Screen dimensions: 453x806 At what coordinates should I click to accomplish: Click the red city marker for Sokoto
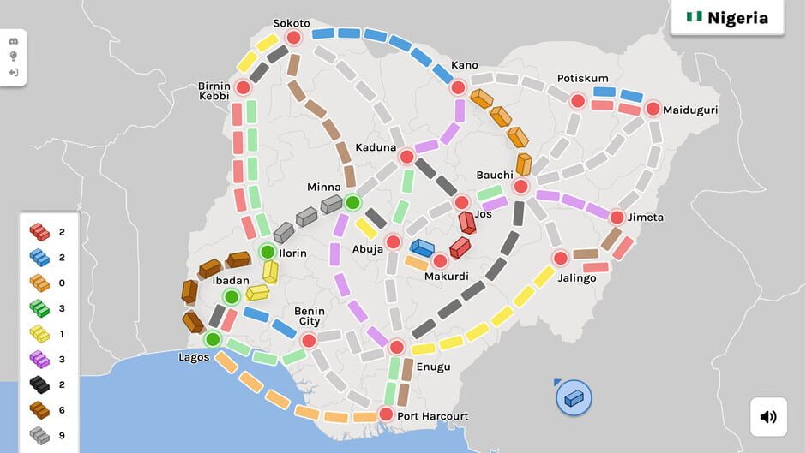(293, 38)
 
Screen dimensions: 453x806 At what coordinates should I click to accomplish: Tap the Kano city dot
(458, 87)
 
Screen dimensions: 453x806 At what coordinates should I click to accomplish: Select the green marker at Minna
(352, 203)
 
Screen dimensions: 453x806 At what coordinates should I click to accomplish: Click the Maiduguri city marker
(653, 109)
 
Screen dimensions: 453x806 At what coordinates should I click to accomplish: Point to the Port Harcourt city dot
(386, 414)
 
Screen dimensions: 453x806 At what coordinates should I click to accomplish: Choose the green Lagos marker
(213, 339)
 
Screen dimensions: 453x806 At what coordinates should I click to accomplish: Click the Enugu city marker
(396, 347)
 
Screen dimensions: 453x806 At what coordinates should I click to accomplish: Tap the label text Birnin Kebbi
(214, 90)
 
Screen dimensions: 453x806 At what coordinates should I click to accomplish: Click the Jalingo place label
(577, 277)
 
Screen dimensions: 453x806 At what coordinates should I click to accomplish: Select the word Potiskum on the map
(582, 78)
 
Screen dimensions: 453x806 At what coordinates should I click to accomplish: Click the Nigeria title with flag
(727, 18)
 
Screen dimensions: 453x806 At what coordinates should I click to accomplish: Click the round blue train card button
(574, 398)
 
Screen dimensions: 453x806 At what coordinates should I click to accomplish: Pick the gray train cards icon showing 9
(39, 435)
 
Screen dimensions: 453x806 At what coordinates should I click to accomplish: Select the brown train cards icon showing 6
(39, 410)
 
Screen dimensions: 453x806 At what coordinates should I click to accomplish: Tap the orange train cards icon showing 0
(39, 283)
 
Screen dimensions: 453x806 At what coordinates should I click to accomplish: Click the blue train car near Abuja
(422, 247)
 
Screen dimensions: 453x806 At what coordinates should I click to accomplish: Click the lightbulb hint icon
(14, 57)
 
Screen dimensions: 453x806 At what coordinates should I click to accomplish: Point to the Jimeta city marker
(616, 218)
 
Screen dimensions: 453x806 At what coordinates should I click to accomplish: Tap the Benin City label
(309, 316)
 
